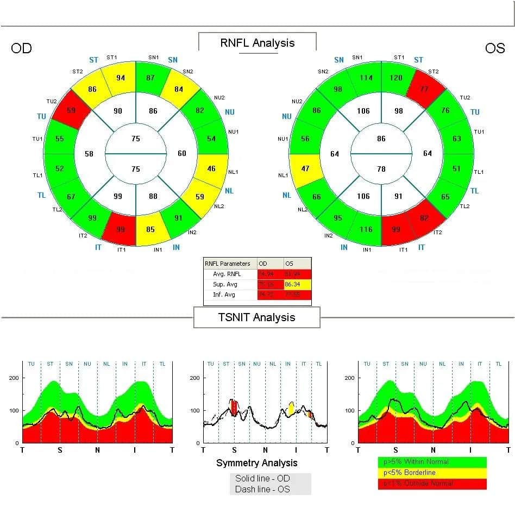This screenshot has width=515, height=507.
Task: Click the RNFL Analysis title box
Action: tap(257, 43)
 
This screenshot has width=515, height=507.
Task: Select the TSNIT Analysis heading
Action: tap(256, 317)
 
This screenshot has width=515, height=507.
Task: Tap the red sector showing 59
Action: tap(71, 110)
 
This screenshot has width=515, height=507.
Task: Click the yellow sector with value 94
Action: tap(121, 78)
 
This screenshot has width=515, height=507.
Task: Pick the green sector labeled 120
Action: tap(396, 78)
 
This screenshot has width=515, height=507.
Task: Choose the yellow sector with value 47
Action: tap(305, 168)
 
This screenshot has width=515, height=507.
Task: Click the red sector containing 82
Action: tap(424, 218)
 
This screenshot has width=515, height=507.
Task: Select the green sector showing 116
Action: tap(366, 229)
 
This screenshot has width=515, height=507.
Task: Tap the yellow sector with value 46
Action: tap(211, 168)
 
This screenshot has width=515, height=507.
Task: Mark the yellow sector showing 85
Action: tap(150, 229)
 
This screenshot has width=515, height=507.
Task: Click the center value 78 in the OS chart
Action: tap(381, 169)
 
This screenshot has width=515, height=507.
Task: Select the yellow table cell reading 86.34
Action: tap(297, 284)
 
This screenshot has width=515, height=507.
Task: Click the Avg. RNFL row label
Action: tap(227, 274)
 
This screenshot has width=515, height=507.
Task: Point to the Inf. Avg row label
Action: tap(225, 295)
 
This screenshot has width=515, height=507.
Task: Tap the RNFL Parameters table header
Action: tap(228, 264)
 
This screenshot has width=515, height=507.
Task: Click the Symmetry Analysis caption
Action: tap(257, 463)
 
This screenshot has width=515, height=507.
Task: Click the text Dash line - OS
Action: tap(262, 489)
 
